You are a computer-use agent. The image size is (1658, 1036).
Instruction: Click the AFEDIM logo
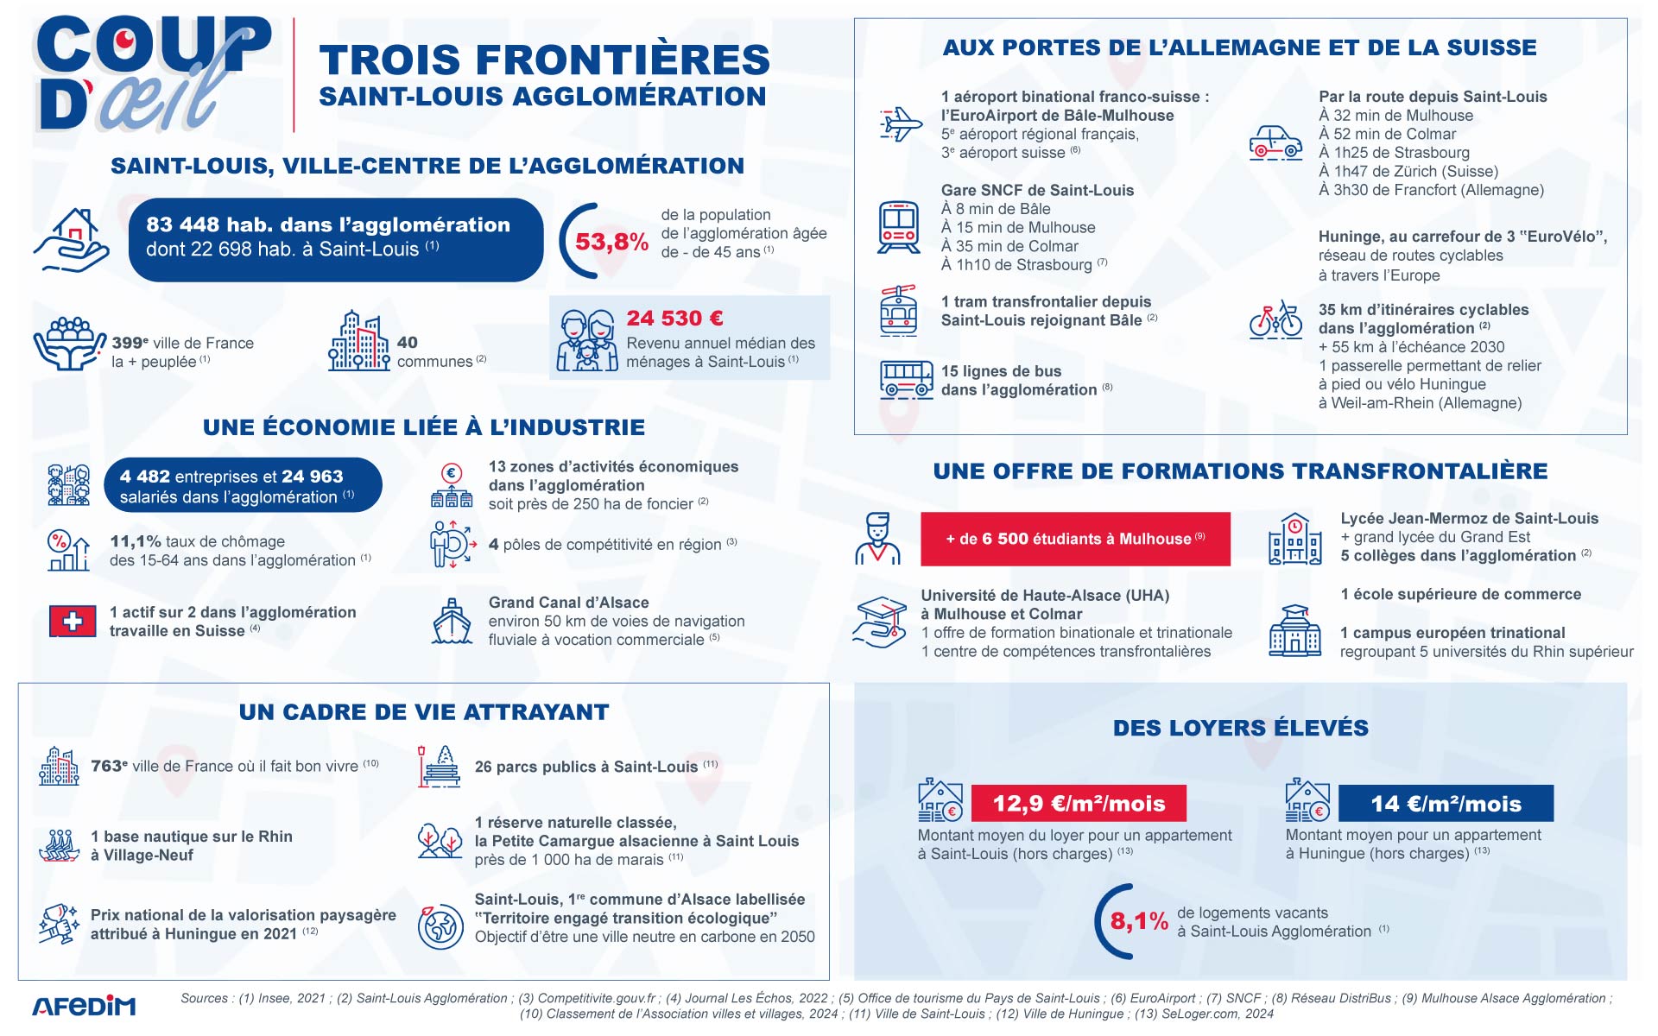(84, 1007)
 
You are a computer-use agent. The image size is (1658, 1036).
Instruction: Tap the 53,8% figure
(611, 242)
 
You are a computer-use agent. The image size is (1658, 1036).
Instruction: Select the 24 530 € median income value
(674, 319)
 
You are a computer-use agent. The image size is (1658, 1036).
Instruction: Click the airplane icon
(900, 124)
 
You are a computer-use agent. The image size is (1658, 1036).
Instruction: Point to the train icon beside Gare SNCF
(898, 227)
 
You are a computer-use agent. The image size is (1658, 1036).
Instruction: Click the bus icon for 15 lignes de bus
(906, 379)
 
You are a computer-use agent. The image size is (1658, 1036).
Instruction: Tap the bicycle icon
(1275, 319)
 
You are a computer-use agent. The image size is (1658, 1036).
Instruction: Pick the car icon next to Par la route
(1275, 143)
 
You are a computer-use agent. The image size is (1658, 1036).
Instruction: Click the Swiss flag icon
(73, 621)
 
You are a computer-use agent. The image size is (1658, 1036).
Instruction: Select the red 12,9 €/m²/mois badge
(1078, 804)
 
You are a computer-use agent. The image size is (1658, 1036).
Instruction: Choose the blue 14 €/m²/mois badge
(1445, 804)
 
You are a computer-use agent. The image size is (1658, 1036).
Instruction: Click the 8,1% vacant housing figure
(1138, 921)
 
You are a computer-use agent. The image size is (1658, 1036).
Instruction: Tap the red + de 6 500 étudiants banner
(1075, 539)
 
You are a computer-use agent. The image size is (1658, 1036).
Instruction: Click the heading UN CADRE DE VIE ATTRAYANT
(424, 712)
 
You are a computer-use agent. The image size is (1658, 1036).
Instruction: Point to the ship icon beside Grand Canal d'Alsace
(451, 622)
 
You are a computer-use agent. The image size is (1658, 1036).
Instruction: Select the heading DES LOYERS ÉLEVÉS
(1240, 728)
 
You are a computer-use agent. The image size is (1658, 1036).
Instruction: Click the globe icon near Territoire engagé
(440, 926)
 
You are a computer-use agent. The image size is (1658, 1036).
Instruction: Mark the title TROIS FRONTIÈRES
(544, 60)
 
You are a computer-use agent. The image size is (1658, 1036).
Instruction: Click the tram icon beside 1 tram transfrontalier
(898, 311)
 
